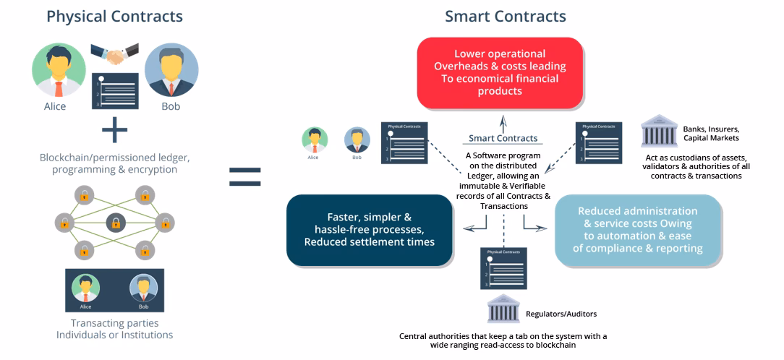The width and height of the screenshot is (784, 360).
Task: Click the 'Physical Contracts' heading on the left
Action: coord(114,16)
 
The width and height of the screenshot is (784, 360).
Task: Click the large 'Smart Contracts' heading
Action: coord(505,16)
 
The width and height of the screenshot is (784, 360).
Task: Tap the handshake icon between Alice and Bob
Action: coord(114,54)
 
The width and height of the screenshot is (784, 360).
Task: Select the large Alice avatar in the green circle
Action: coord(59,70)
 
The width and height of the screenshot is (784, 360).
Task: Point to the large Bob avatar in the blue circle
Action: coord(171,70)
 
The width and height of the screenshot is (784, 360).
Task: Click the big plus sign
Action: coord(114,131)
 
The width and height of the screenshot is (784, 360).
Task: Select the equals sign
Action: coord(244,176)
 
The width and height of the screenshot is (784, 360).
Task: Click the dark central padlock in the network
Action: coord(115,223)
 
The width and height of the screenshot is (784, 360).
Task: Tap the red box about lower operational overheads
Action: coord(500,73)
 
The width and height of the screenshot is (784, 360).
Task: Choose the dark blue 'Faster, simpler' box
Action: coord(369,229)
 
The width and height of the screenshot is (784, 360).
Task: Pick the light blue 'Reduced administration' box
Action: coord(639,229)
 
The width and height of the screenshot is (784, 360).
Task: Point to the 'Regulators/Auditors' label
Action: coord(561,314)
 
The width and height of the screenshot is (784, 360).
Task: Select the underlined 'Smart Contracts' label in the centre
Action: coord(503,138)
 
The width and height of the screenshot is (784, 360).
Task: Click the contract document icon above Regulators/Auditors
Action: coord(504,268)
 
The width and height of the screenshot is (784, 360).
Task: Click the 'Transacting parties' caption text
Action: coord(114,323)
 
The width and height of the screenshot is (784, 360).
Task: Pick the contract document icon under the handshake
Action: coord(115,90)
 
